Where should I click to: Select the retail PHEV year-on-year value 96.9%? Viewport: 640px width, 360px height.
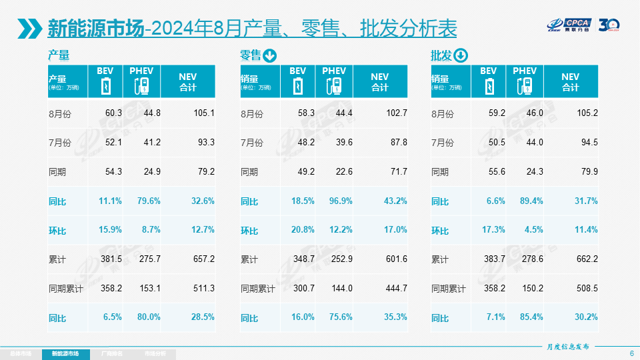click(x=339, y=201)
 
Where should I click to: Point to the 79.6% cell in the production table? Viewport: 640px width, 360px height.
click(x=147, y=201)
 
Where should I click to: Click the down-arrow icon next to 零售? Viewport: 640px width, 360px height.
click(x=269, y=55)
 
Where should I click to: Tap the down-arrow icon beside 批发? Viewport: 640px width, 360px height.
click(x=461, y=55)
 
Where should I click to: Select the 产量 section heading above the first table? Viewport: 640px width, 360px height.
click(x=59, y=55)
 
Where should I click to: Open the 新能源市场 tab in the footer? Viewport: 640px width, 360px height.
click(x=70, y=353)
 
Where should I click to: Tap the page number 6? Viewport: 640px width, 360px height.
click(x=631, y=353)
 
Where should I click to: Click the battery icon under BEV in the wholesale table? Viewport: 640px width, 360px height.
click(x=488, y=86)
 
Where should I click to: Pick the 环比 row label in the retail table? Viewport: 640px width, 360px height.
click(x=249, y=231)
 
